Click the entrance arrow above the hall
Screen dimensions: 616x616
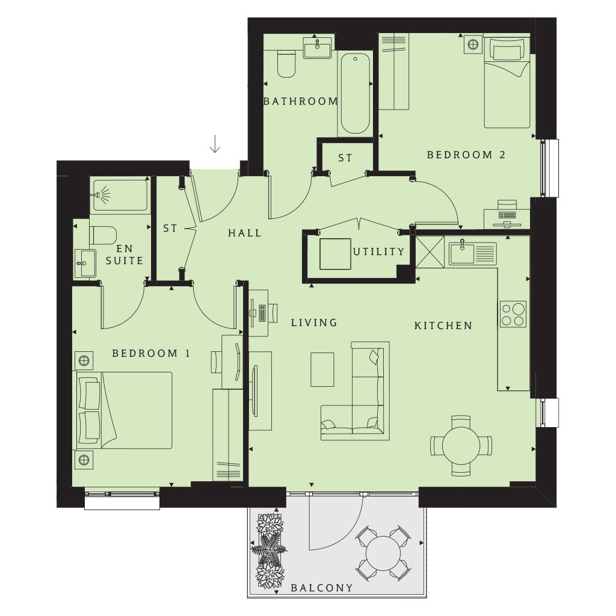click(215, 144)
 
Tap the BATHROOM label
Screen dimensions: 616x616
click(301, 101)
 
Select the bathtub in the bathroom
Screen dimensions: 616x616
click(355, 93)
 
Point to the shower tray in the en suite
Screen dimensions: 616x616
click(120, 195)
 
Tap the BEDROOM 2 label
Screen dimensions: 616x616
click(466, 155)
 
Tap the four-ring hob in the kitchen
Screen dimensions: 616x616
click(513, 314)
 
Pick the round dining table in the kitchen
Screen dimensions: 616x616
click(461, 446)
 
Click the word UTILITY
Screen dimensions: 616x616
click(378, 251)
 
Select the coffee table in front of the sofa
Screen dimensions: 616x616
click(322, 369)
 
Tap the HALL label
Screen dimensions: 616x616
click(245, 233)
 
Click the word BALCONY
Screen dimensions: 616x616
click(322, 588)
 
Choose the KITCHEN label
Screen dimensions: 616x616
click(443, 325)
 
